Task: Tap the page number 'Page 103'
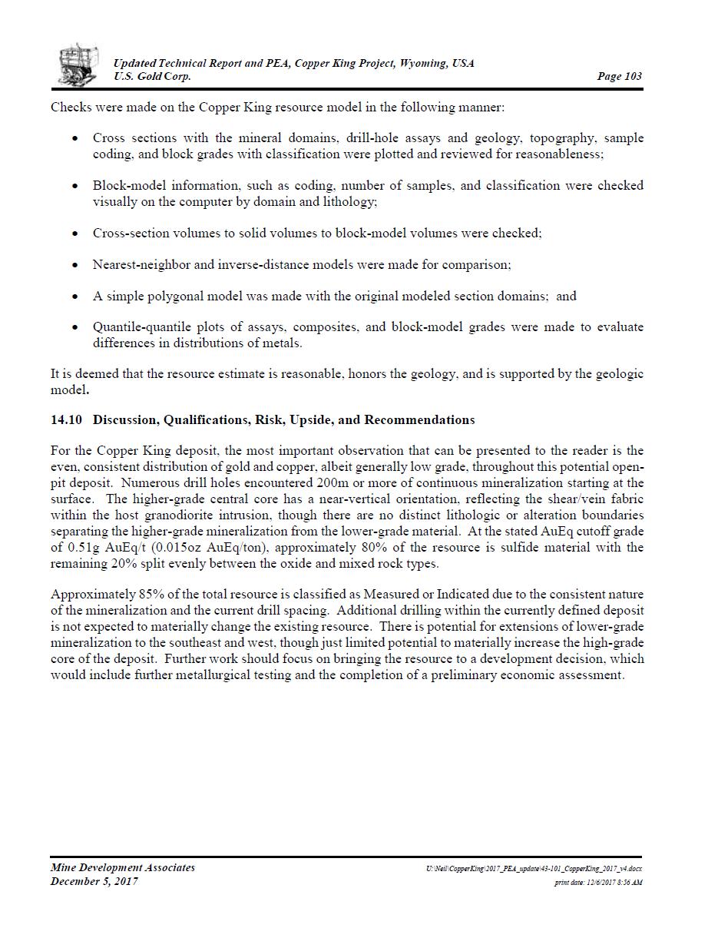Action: click(x=619, y=76)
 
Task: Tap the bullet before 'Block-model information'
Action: click(x=74, y=186)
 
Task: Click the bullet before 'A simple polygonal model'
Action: click(x=74, y=297)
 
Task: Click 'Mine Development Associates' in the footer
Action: click(x=123, y=868)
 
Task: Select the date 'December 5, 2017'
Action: click(x=94, y=882)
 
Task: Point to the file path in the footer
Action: click(x=534, y=869)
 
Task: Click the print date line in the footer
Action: click(x=598, y=883)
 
